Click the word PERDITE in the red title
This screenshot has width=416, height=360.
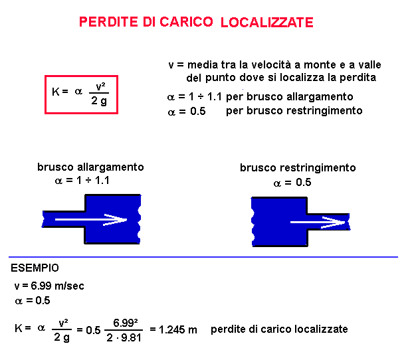tap(108, 22)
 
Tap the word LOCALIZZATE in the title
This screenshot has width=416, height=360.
tap(267, 23)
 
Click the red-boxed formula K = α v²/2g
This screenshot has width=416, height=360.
tap(81, 94)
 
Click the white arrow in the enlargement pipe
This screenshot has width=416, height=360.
tap(91, 220)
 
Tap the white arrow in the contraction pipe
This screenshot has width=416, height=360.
tap(318, 222)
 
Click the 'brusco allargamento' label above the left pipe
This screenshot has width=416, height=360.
tap(90, 167)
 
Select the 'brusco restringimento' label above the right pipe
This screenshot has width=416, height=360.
tap(298, 167)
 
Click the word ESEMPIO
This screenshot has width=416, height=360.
tap(35, 268)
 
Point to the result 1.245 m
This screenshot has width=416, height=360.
tap(177, 330)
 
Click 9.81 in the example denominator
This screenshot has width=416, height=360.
tap(131, 337)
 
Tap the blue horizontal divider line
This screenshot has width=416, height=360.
tap(203, 257)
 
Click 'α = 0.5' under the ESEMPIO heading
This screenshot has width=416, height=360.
tap(33, 301)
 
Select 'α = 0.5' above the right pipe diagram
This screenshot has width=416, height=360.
tap(292, 183)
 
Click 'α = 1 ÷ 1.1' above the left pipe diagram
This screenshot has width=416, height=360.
tap(82, 181)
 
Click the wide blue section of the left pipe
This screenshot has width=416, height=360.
tap(112, 219)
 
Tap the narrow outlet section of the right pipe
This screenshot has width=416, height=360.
tap(328, 222)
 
